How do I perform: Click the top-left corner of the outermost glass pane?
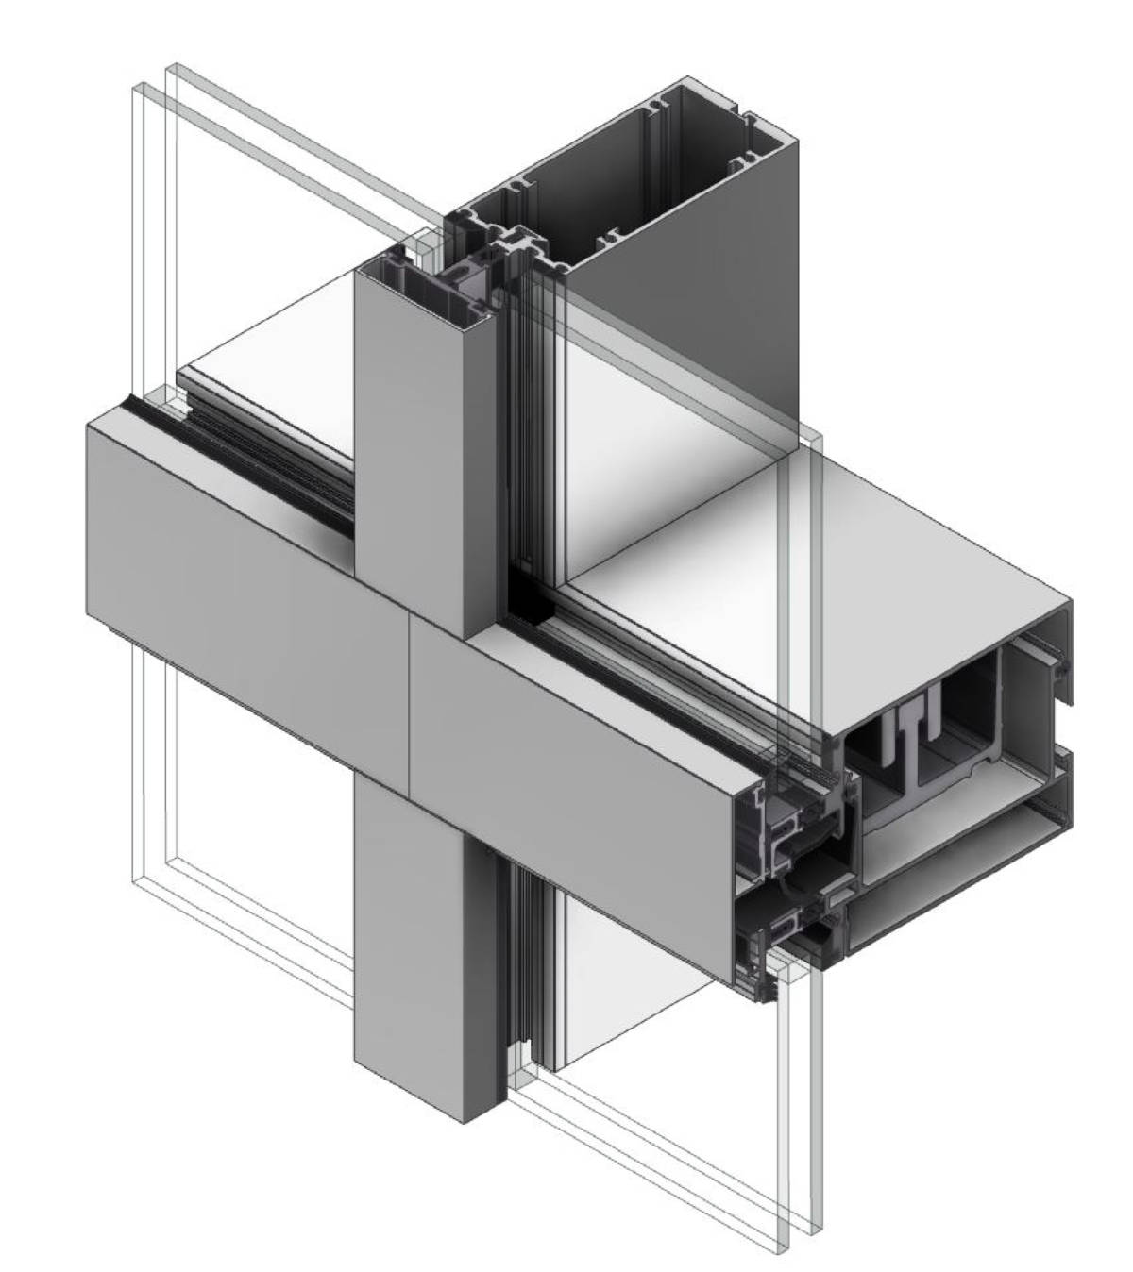[170, 68]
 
